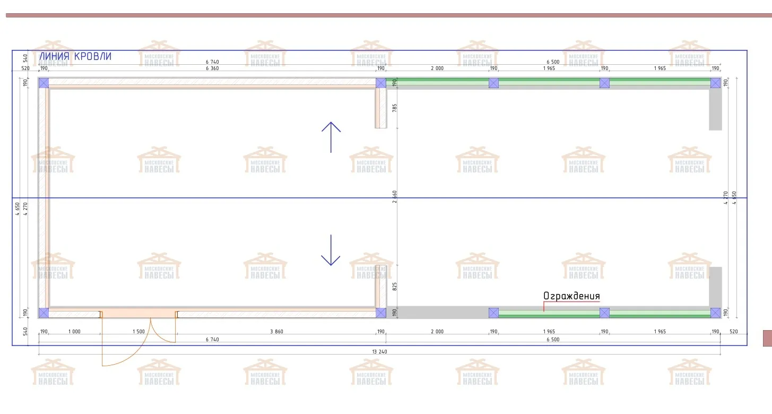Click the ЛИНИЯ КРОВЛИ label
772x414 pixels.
pos(75,56)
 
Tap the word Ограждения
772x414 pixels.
pos(571,296)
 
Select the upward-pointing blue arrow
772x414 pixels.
pos(331,137)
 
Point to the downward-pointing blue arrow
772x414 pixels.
pos(331,250)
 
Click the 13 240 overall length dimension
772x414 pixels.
pos(379,351)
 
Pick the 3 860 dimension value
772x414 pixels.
pos(276,332)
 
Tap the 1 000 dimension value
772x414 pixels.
pos(74,332)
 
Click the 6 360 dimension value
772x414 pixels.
pos(212,68)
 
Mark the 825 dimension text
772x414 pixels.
pos(394,287)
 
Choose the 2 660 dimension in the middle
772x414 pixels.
pos(394,197)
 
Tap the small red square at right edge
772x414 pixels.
pos(767,338)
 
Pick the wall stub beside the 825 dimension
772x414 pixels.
pos(381,287)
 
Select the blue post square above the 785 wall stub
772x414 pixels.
pos(381,83)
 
